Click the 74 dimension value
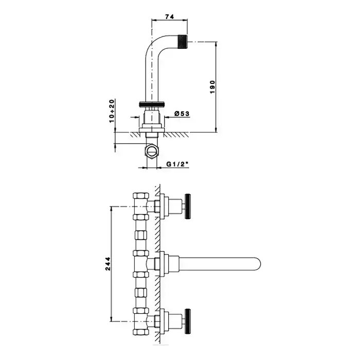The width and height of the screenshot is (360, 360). pyautogui.click(x=169, y=16)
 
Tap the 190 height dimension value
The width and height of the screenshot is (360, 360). pyautogui.click(x=212, y=87)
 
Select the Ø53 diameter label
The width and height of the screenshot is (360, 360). pyautogui.click(x=182, y=114)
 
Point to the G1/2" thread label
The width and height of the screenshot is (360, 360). pyautogui.click(x=177, y=164)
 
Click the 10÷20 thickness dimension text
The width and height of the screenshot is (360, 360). pyautogui.click(x=112, y=111)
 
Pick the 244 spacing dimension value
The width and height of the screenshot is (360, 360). pyautogui.click(x=108, y=264)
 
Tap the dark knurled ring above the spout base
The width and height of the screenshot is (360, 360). pyautogui.click(x=152, y=104)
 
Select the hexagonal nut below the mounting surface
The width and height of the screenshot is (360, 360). pyautogui.click(x=152, y=150)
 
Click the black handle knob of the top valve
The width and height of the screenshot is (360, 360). pyautogui.click(x=188, y=206)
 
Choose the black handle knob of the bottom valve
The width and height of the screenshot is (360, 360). pyautogui.click(x=188, y=321)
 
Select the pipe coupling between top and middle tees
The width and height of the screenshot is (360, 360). pyautogui.click(x=140, y=235)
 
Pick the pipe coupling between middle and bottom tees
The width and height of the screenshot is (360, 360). pyautogui.click(x=140, y=293)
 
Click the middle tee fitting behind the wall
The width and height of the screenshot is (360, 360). pyautogui.click(x=141, y=263)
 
